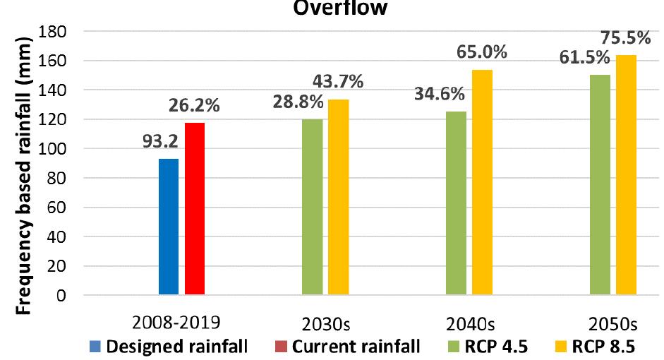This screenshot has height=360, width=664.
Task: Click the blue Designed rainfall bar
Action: click(169, 227)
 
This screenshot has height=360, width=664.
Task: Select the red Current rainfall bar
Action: click(195, 209)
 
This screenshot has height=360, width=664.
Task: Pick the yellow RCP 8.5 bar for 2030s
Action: click(338, 197)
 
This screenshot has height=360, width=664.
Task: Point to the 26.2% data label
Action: click(194, 107)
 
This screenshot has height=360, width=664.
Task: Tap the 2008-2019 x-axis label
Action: click(180, 321)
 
